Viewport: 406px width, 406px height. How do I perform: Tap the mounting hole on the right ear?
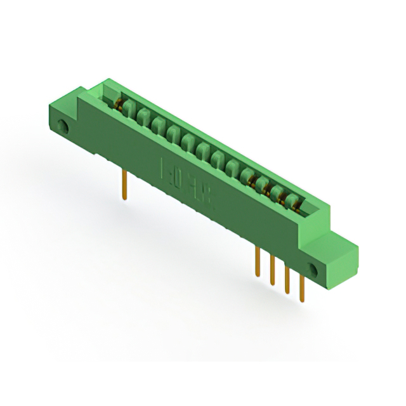coord(313,267)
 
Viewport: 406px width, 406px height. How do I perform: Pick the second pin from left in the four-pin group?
coord(272,269)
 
